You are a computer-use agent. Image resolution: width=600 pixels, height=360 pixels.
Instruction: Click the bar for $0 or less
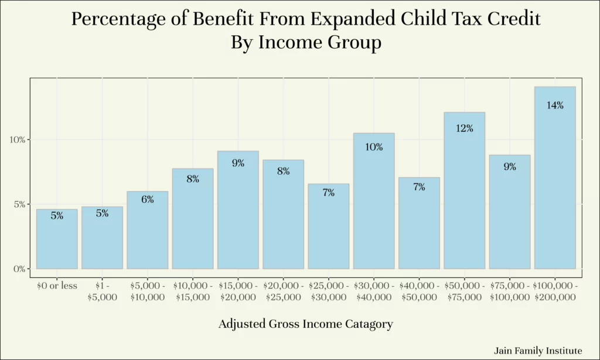57,239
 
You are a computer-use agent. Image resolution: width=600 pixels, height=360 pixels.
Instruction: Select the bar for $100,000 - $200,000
555,178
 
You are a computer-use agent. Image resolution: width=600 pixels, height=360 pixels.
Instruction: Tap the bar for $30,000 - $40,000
374,201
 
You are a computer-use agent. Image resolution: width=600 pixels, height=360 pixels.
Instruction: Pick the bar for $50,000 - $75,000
465,191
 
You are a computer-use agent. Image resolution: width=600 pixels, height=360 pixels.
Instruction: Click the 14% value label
555,106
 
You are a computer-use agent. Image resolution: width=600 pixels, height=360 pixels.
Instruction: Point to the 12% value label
465,128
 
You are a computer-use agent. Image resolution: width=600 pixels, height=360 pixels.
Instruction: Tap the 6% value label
147,199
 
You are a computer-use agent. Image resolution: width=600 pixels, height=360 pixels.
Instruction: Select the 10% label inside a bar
374,147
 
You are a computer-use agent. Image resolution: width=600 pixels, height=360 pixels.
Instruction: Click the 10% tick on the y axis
17,140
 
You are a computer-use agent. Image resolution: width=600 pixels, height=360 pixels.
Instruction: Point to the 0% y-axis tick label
19,269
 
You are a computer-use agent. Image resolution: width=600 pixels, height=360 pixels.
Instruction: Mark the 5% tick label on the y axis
19,205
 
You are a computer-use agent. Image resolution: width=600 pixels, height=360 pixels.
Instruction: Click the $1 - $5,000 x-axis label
102,291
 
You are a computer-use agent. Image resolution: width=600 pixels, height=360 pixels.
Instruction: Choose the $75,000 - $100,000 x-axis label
510,291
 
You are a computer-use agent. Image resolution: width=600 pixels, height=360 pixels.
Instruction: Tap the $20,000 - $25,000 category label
284,291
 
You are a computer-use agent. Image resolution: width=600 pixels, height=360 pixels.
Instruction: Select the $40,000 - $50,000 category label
419,291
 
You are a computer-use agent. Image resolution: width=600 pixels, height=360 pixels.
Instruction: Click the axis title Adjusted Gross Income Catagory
306,324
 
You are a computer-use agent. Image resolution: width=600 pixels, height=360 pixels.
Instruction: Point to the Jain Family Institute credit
538,351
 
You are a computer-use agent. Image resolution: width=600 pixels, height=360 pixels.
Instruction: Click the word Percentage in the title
119,19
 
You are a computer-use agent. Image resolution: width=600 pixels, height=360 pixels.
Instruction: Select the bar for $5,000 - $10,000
147,230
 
